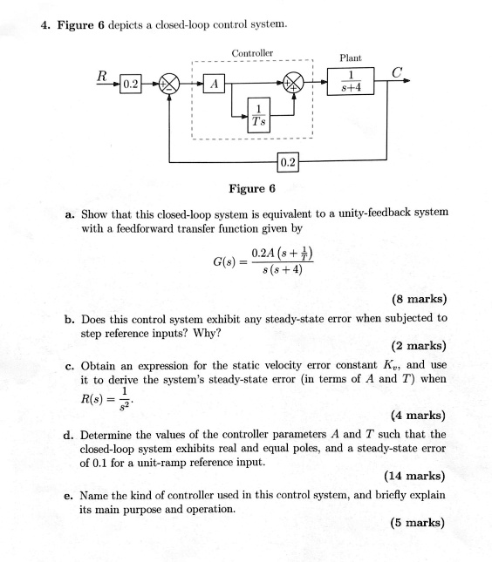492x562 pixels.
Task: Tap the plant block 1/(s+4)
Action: click(x=348, y=84)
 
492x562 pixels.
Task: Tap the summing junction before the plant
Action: click(x=296, y=85)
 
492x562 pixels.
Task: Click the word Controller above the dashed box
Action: click(x=253, y=53)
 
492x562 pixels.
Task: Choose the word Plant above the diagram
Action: click(x=350, y=58)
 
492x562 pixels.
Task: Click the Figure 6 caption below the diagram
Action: click(x=253, y=187)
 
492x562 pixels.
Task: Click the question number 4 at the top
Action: click(x=44, y=24)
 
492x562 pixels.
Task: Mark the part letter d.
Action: click(x=69, y=434)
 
